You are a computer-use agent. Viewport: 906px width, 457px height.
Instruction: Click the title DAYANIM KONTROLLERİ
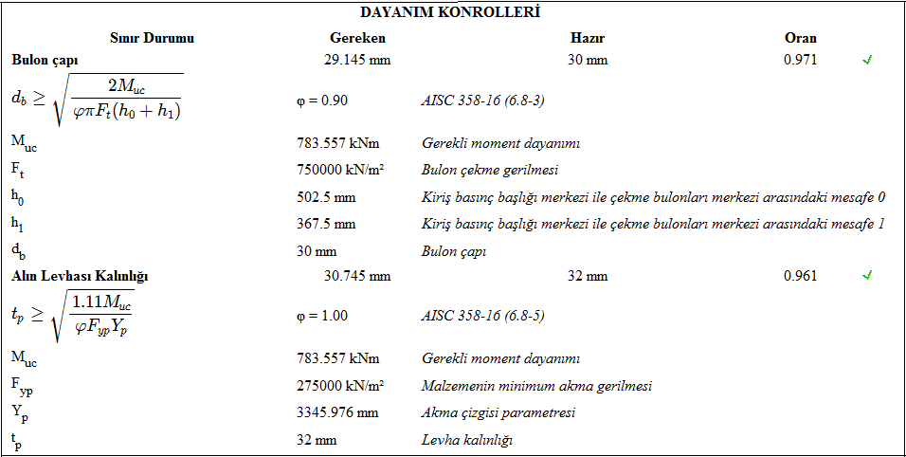pyautogui.click(x=450, y=12)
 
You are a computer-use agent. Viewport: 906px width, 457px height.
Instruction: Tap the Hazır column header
pyautogui.click(x=588, y=38)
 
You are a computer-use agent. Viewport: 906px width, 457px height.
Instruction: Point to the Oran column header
pyautogui.click(x=800, y=38)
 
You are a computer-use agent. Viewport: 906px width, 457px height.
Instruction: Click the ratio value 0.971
pyautogui.click(x=800, y=60)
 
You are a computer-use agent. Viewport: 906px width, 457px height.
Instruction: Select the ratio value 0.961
pyautogui.click(x=800, y=276)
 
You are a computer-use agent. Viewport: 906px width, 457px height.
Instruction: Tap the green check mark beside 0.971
pyautogui.click(x=866, y=60)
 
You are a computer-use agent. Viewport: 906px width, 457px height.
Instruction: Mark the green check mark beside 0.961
pyautogui.click(x=866, y=276)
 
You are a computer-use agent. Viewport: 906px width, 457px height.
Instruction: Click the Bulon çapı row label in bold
pyautogui.click(x=45, y=60)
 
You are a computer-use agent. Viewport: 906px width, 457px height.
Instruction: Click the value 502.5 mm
pyautogui.click(x=326, y=197)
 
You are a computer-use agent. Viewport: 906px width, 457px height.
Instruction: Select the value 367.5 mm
pyautogui.click(x=326, y=224)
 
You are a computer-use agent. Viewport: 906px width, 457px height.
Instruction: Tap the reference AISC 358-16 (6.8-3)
pyautogui.click(x=482, y=100)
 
